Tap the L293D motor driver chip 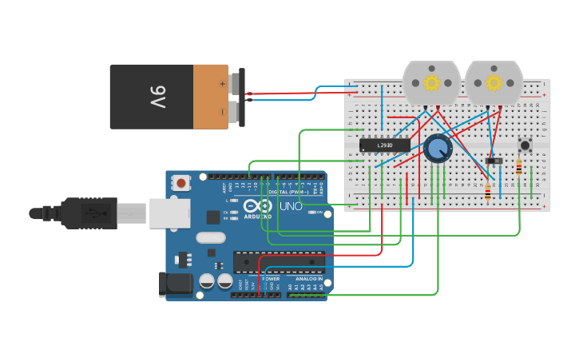pos(384,145)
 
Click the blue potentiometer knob pos(437,148)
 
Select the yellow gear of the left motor pos(431,83)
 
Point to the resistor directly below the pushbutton pos(519,167)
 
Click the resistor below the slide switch pos(488,191)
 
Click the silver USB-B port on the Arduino pos(169,213)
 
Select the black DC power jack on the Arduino pos(176,284)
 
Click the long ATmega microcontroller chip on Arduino pos(279,261)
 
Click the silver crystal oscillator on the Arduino pos(211,237)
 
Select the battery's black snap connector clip pos(241,97)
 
